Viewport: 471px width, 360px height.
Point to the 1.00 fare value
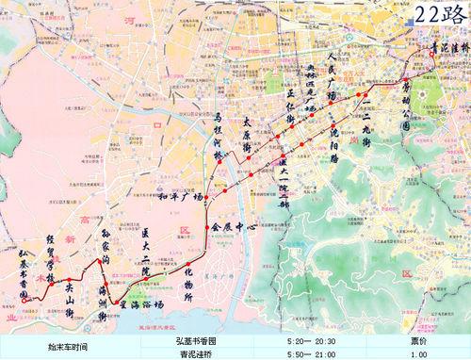click(402, 353)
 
